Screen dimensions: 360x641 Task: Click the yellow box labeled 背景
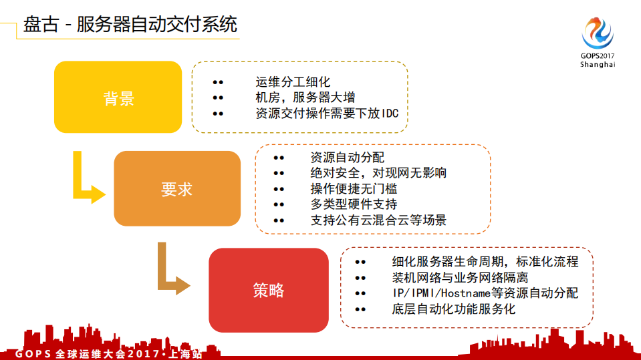[x=118, y=98]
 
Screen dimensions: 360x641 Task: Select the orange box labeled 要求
[x=177, y=188]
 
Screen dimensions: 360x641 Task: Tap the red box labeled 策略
[x=269, y=290]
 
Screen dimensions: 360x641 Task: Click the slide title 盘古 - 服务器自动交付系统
[x=130, y=25]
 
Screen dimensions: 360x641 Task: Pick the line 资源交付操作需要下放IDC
[x=327, y=113]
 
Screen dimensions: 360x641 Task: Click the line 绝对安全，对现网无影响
[x=378, y=173]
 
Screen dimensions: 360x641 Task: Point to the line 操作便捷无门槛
[x=354, y=188]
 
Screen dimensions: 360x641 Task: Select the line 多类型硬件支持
[x=354, y=204]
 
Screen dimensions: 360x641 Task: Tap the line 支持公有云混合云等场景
[x=378, y=219]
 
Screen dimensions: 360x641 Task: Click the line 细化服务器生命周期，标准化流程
[x=485, y=261]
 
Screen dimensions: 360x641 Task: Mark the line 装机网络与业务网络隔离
[x=461, y=277]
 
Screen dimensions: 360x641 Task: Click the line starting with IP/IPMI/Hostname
[x=485, y=293]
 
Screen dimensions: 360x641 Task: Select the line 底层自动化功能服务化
[x=454, y=309]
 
